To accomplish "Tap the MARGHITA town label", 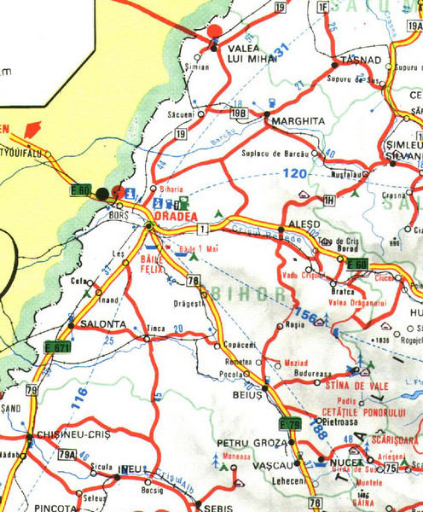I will [298, 121].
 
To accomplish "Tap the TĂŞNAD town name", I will [359, 61].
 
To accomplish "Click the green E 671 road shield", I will [57, 347].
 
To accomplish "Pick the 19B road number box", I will [240, 113].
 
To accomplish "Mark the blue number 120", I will [295, 174].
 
